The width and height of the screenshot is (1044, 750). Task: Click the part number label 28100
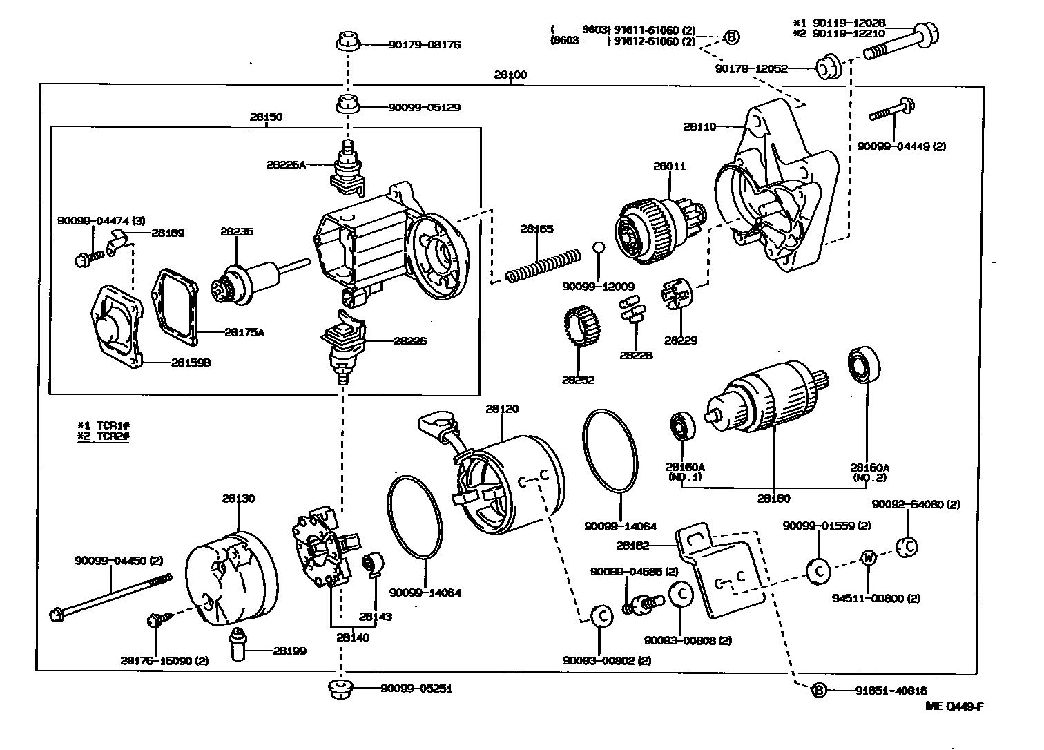click(x=510, y=74)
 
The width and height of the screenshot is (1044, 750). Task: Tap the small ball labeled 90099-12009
click(x=599, y=249)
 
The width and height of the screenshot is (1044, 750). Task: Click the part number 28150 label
click(x=266, y=117)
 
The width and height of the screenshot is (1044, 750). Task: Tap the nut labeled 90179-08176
click(x=349, y=42)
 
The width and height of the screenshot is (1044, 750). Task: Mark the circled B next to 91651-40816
click(x=818, y=690)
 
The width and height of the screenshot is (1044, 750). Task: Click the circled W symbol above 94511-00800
click(x=868, y=558)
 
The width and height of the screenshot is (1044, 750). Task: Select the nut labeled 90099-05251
click(x=341, y=689)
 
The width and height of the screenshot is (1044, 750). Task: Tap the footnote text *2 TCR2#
click(x=104, y=436)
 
